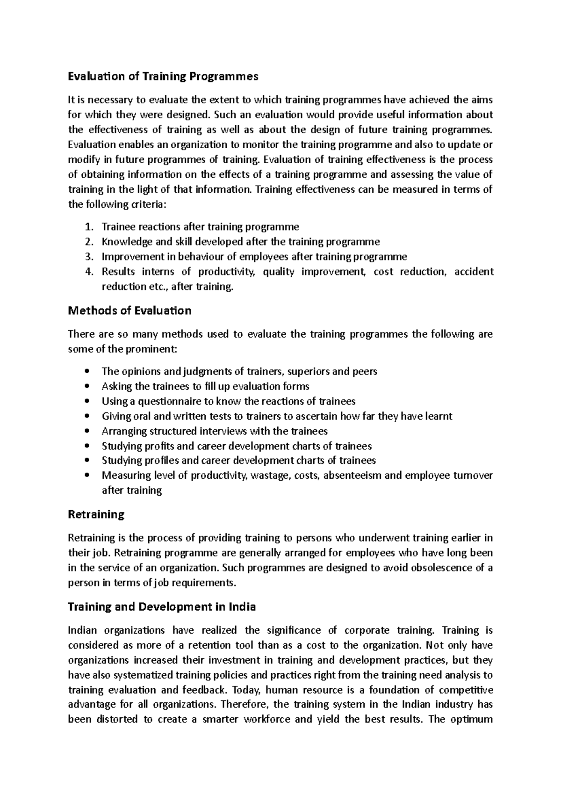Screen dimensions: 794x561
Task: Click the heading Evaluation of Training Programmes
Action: [163, 76]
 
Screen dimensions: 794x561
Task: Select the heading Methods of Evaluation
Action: [129, 310]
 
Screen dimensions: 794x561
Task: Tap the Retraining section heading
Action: [96, 514]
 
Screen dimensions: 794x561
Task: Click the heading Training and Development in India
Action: [162, 607]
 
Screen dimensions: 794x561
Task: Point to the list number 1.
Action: [89, 227]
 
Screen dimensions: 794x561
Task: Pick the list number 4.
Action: [90, 272]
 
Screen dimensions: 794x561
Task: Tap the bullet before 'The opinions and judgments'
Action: [87, 372]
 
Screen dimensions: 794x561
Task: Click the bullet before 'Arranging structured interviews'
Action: [87, 431]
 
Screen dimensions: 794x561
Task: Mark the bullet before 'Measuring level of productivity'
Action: [87, 476]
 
